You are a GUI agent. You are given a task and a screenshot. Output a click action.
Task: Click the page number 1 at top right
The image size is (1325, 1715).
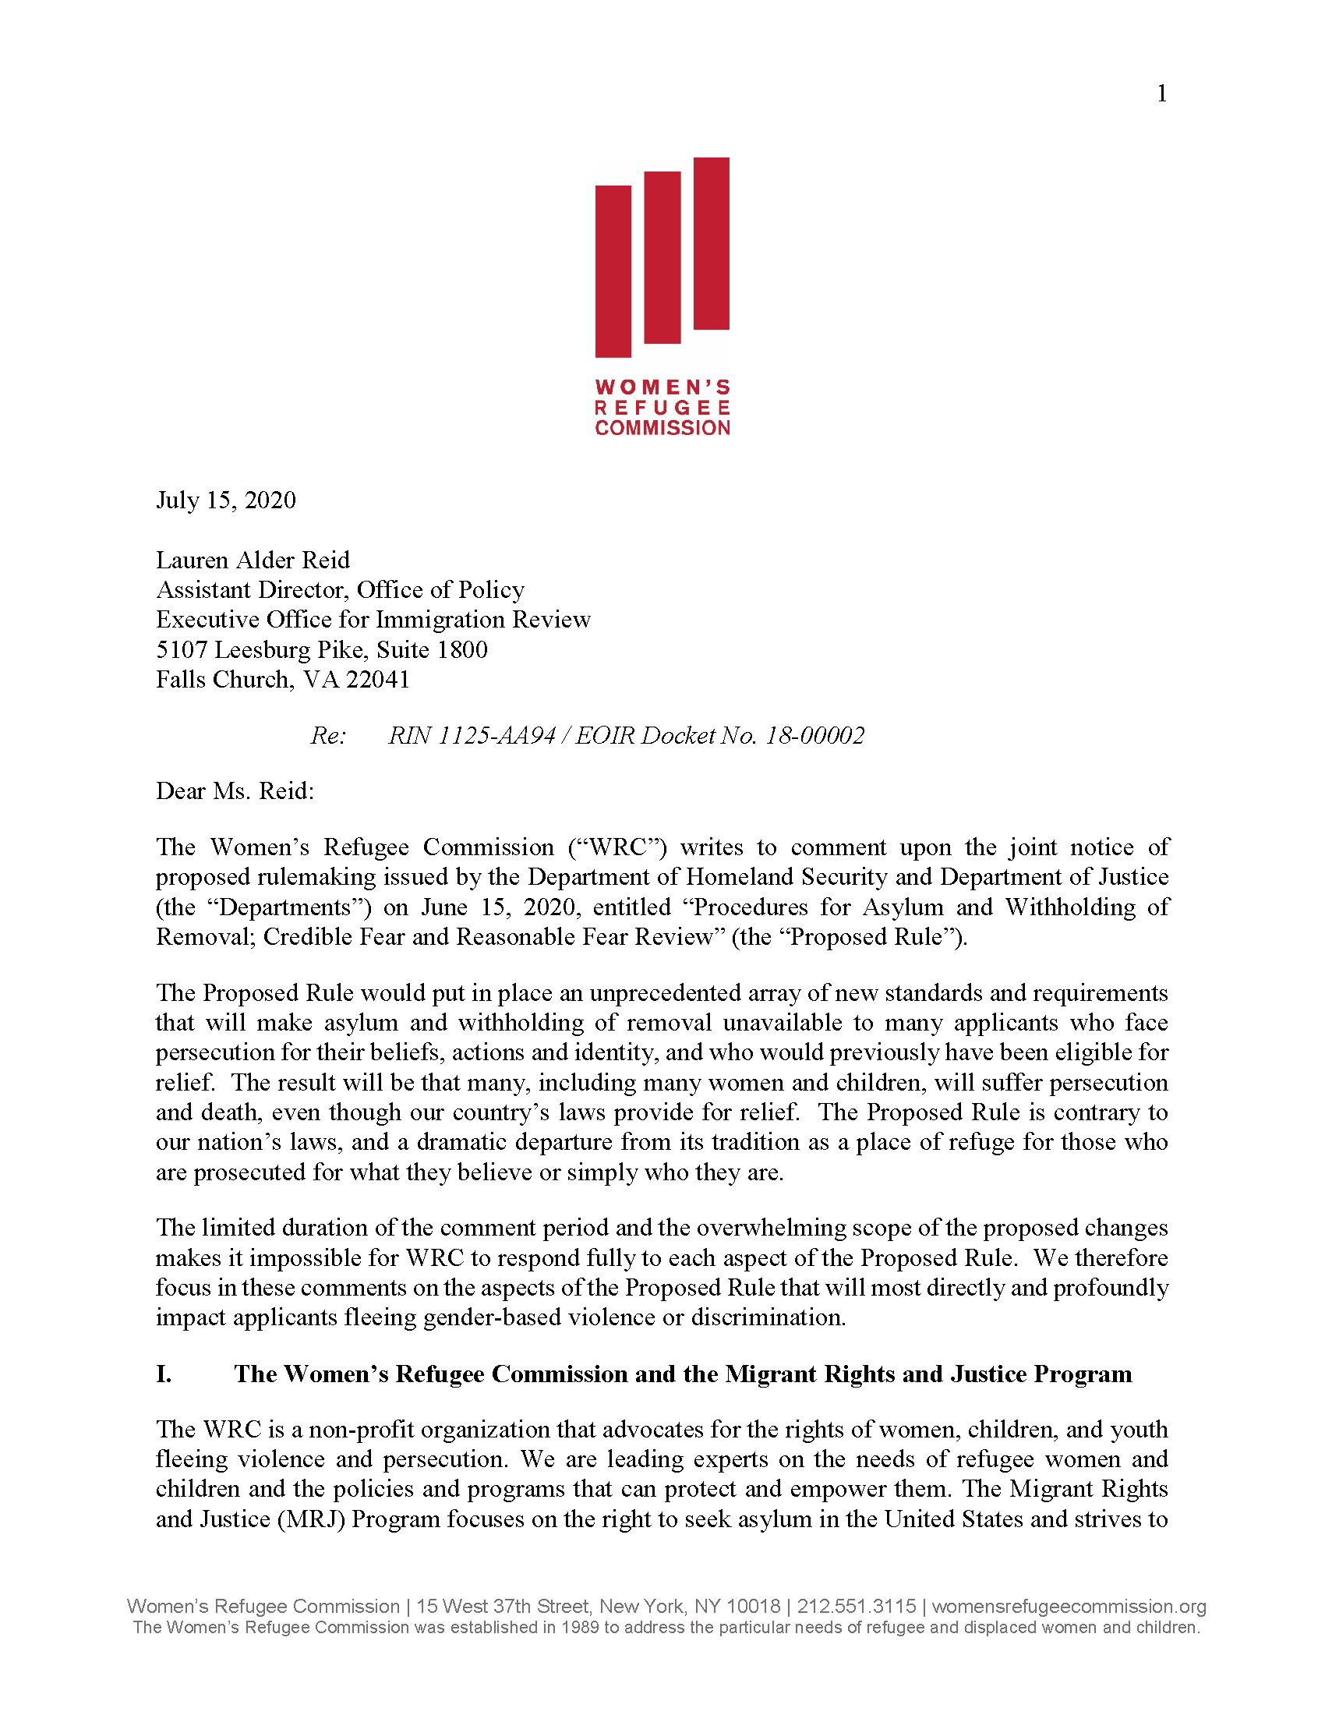coord(1162,94)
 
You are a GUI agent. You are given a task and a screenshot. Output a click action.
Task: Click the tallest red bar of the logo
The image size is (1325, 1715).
coord(711,243)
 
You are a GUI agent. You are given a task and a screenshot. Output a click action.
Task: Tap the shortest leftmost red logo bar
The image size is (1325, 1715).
coord(613,271)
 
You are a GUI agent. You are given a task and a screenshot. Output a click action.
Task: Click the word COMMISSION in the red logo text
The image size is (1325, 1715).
coord(662,428)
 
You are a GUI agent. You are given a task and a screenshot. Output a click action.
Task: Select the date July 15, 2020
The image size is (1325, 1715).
coord(226,500)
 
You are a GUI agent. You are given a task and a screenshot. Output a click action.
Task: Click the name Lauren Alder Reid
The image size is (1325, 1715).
coord(253,560)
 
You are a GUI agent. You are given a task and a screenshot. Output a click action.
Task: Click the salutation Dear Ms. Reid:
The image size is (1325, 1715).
coord(235,790)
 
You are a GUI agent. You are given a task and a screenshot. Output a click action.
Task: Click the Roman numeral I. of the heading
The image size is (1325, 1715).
coord(164,1374)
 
